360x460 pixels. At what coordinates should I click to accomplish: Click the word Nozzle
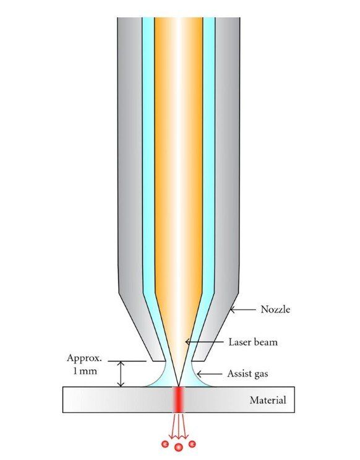275,309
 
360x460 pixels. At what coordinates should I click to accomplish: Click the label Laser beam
253,342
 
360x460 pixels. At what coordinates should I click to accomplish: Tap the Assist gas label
247,374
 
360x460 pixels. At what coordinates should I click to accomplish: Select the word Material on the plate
268,400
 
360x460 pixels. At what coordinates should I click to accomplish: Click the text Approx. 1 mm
84,365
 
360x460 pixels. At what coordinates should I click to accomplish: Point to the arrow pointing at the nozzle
242,310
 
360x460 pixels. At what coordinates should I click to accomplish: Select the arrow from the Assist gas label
209,374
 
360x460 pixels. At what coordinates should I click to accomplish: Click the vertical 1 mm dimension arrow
121,374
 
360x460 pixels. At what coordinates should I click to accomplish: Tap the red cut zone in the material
179,399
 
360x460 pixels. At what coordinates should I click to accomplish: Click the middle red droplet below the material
179,447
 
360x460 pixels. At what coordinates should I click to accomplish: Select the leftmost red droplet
165,444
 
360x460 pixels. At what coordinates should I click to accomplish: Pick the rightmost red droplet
192,444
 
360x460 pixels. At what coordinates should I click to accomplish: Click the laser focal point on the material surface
179,386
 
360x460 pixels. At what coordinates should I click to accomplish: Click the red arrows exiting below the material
179,426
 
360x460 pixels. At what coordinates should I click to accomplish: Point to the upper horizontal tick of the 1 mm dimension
127,361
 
